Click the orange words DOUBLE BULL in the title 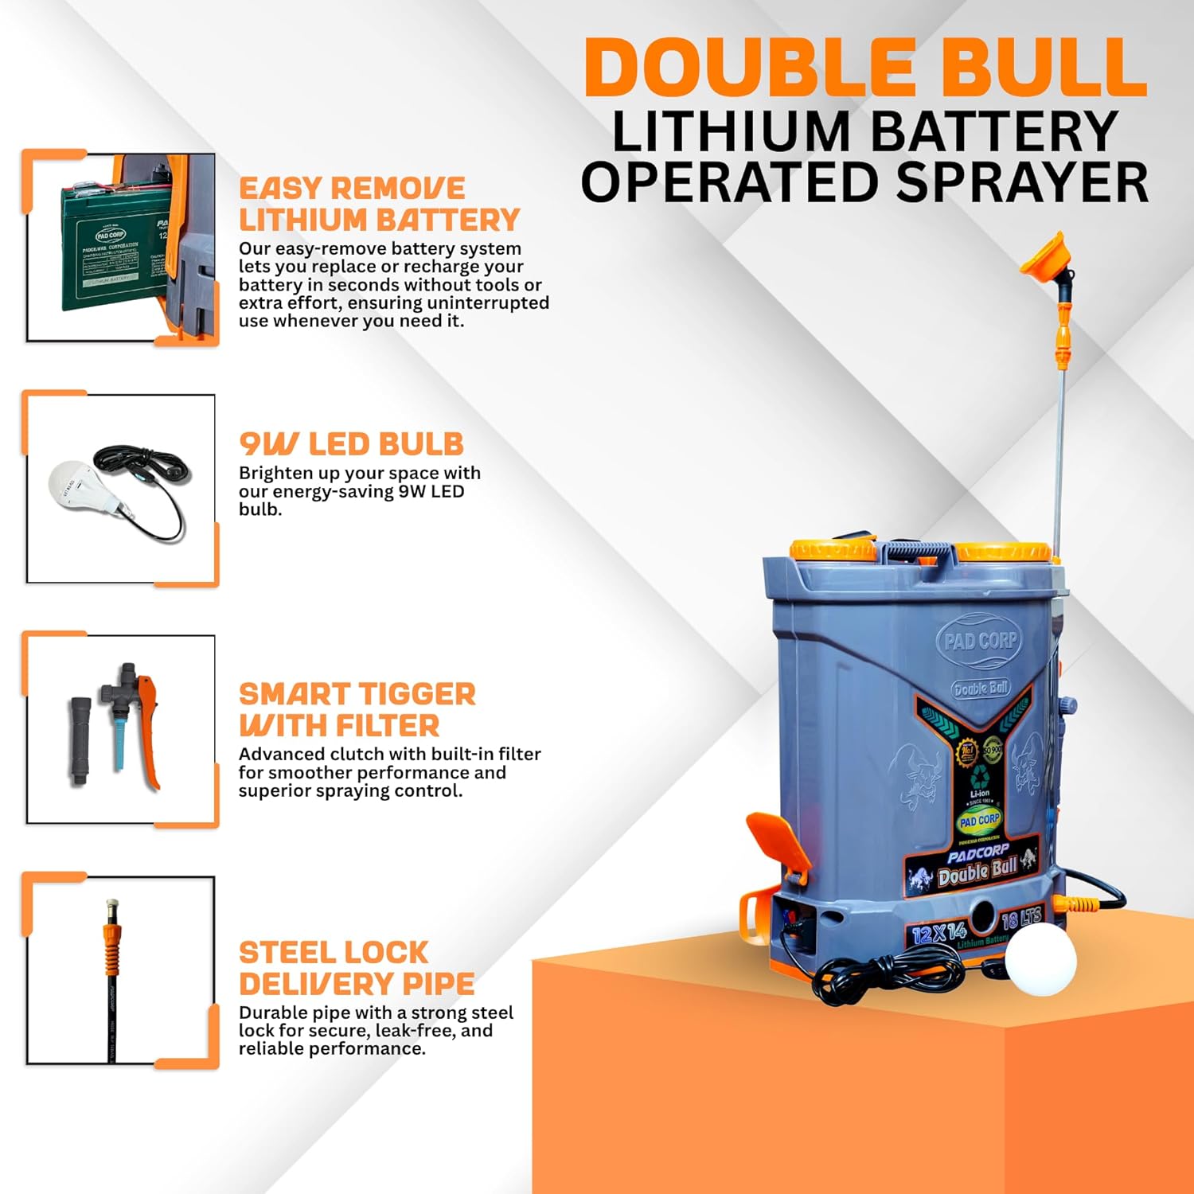coord(865,67)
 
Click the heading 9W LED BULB coord(351,444)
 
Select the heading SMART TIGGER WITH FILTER coord(357,709)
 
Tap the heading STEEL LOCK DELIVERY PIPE coord(357,968)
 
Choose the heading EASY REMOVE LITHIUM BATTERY coord(379,204)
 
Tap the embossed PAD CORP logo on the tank coord(979,640)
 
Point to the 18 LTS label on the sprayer coord(1020,919)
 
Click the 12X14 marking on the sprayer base coord(939,932)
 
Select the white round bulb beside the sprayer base coord(1040,959)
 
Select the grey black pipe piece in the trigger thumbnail coord(80,740)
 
